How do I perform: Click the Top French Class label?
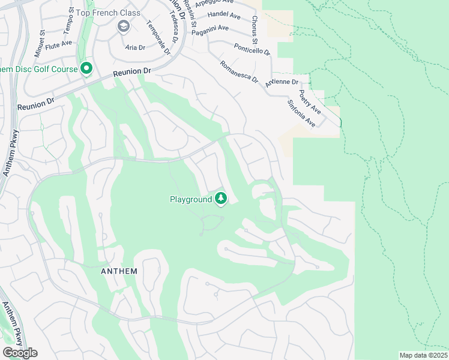tap(112, 13)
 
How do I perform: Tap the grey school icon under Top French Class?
tap(124, 26)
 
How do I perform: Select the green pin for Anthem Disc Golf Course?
tap(86, 69)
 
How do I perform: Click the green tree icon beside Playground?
tap(221, 199)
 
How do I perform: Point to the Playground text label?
tap(190, 199)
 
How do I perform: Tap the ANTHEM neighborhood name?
tap(118, 271)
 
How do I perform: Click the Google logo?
tap(19, 353)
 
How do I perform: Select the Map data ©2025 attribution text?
tap(423, 355)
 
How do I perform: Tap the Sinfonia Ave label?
tap(302, 113)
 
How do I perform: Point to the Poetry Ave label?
tap(310, 103)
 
